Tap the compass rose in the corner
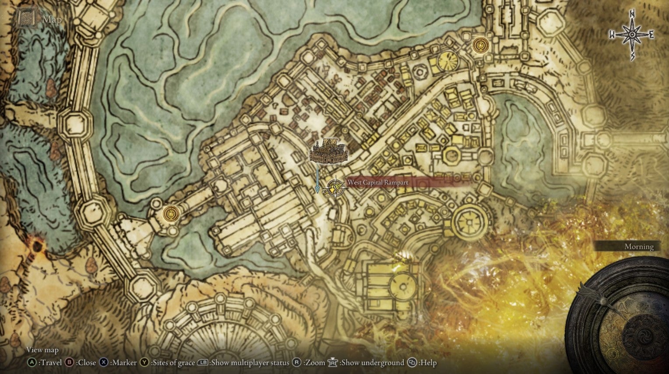click(x=632, y=34)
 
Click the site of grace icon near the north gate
click(x=481, y=45)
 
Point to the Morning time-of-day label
click(x=638, y=247)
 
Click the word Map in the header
click(x=52, y=19)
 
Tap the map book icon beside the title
click(x=26, y=18)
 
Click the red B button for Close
click(x=69, y=363)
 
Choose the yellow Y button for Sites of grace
click(x=144, y=363)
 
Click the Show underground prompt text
click(x=372, y=363)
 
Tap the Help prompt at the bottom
click(x=427, y=363)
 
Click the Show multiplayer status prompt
click(x=250, y=363)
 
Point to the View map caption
click(x=42, y=350)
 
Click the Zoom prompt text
click(x=315, y=363)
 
